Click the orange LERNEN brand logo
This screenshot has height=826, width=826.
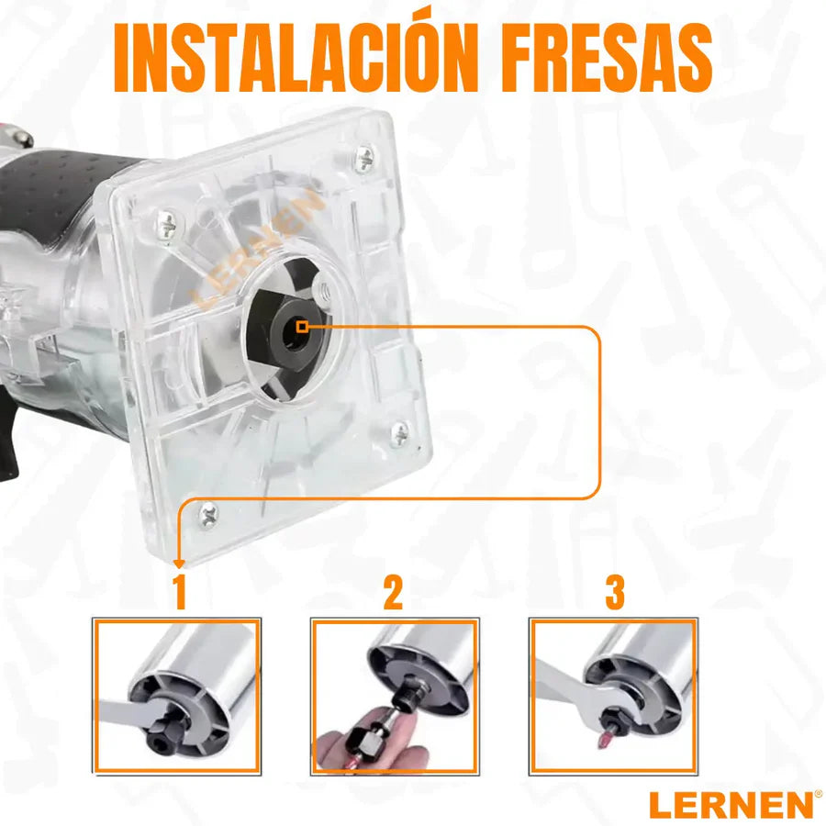[731, 805]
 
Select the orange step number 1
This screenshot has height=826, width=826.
[180, 593]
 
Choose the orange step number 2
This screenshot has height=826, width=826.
[393, 593]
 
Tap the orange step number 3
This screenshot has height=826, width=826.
[614, 593]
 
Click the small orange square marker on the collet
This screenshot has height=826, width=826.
[302, 327]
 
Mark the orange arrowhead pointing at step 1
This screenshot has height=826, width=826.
[179, 564]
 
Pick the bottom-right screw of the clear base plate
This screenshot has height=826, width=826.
[400, 430]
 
